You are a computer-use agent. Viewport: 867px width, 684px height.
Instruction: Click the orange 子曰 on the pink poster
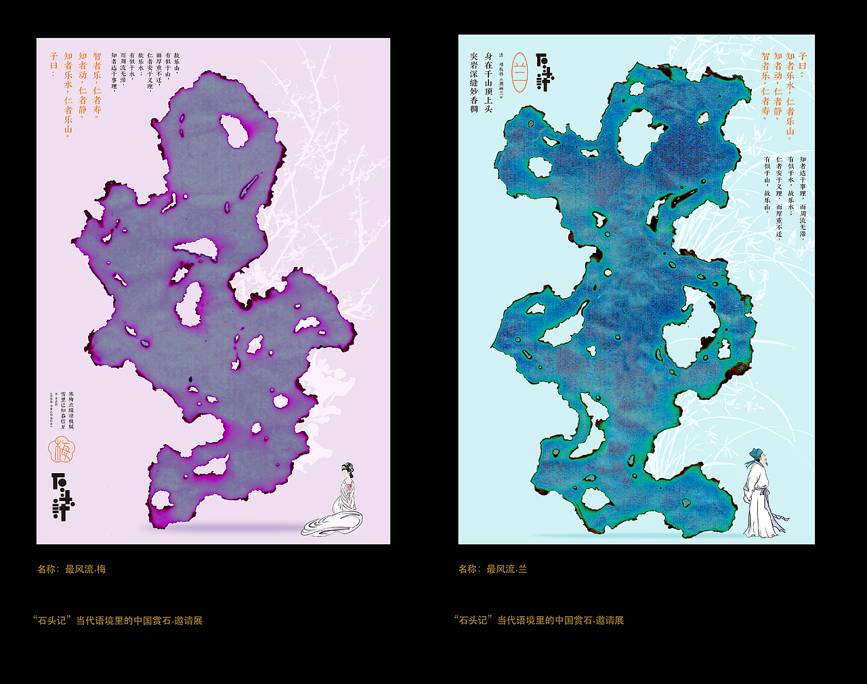pyautogui.click(x=54, y=64)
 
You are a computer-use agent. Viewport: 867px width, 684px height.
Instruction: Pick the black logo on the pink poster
pyautogui.click(x=62, y=496)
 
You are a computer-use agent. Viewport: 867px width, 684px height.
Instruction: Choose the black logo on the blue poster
pyautogui.click(x=544, y=72)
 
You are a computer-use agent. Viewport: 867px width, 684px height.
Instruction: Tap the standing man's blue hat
pyautogui.click(x=754, y=455)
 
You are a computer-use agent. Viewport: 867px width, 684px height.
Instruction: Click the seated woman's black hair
pyautogui.click(x=347, y=468)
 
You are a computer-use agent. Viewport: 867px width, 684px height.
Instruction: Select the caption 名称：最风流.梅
pyautogui.click(x=71, y=569)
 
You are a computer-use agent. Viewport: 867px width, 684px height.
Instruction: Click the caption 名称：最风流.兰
pyautogui.click(x=492, y=569)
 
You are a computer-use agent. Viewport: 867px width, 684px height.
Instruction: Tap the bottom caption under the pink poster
pyautogui.click(x=117, y=620)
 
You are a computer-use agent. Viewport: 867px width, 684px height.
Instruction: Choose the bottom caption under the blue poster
pyautogui.click(x=538, y=620)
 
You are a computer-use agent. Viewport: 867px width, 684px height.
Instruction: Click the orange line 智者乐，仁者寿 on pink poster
pyautogui.click(x=97, y=85)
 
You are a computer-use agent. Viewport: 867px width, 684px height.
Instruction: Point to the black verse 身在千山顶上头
pyautogui.click(x=488, y=82)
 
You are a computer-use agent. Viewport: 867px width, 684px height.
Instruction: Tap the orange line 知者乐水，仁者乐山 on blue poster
pyautogui.click(x=790, y=95)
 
